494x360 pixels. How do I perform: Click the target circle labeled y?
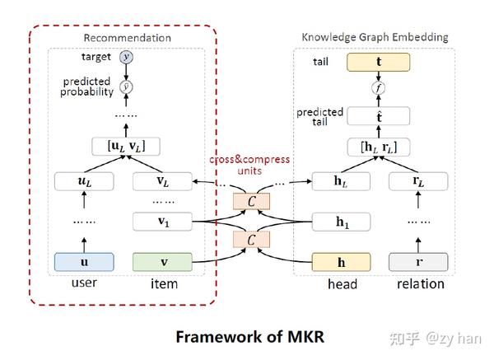tap(126, 57)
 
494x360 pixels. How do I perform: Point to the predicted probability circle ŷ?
tap(126, 85)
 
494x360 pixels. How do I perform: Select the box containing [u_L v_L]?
tap(126, 146)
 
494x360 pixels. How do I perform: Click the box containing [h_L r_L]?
tap(380, 146)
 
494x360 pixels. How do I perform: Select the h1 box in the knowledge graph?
tap(341, 221)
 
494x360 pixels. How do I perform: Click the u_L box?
tap(83, 180)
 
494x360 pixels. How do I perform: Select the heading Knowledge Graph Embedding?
tap(374, 37)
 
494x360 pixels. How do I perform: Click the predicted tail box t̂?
tap(380, 116)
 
